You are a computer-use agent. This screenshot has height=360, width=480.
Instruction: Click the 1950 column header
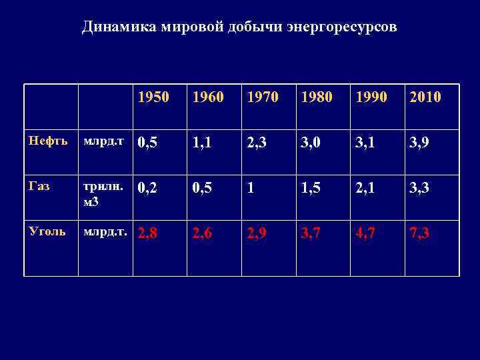(153, 97)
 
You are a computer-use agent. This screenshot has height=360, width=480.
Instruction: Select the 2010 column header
(425, 97)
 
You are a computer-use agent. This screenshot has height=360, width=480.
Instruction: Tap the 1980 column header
(315, 97)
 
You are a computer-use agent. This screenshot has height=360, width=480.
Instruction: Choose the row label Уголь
(46, 231)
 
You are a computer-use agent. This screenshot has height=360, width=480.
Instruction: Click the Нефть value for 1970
(257, 143)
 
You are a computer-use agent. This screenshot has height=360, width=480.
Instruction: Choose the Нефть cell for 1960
(203, 143)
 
